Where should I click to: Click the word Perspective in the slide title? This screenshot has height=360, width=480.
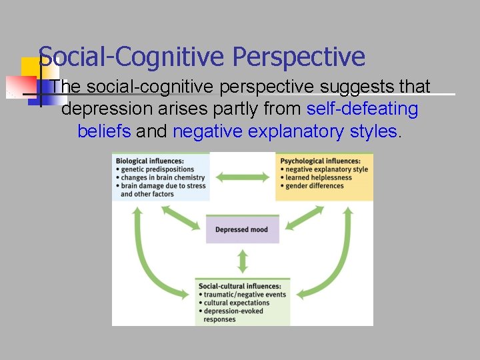[x=299, y=57]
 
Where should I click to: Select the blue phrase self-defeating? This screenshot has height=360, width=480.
[x=362, y=109]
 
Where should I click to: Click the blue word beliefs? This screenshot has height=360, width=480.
[x=104, y=131]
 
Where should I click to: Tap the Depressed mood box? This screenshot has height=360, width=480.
[x=241, y=230]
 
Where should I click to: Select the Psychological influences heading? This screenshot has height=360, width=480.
[x=321, y=161]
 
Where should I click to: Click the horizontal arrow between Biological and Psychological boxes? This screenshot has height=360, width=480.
[x=243, y=177]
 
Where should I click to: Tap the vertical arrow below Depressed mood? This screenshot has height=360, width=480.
[x=242, y=260]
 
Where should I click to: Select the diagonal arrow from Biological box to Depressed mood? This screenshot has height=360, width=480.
[x=181, y=217]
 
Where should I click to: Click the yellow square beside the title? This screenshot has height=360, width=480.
[x=30, y=67]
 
